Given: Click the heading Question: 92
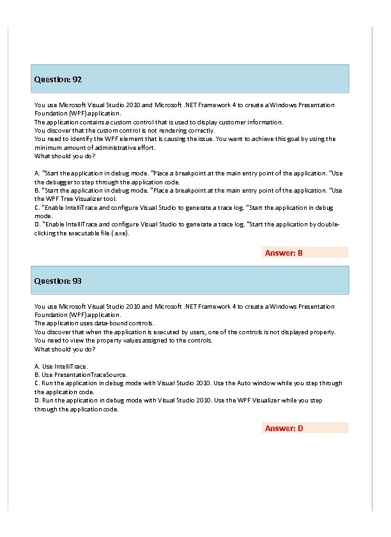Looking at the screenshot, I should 57,80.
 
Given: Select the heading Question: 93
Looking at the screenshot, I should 57,281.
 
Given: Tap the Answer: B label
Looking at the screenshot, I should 284,253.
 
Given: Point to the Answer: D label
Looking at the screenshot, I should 284,428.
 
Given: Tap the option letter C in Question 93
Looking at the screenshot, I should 36,383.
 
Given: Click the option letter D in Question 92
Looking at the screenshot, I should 36,224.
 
